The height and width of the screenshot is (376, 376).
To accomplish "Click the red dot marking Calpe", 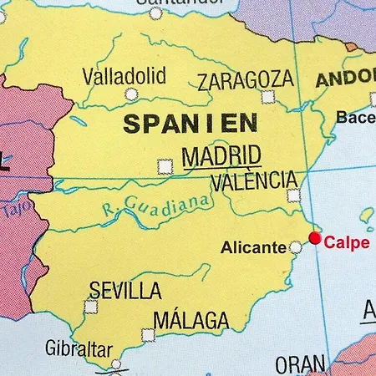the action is tap(315, 238).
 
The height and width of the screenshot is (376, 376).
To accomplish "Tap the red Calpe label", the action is tap(346, 243).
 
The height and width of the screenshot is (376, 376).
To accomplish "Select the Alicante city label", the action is tap(254, 247).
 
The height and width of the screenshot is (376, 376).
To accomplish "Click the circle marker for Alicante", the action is tap(295, 247).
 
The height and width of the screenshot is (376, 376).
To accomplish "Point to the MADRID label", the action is tap(221, 156).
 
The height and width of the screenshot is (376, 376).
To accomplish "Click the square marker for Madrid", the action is tap(165, 166).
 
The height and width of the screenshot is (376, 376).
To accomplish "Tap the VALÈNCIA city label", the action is tap(254, 180).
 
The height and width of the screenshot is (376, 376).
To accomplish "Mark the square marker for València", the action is tap(293, 196).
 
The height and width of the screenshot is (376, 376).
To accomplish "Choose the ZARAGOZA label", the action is tap(246, 80).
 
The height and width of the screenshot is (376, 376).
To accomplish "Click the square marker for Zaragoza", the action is tap(267, 97).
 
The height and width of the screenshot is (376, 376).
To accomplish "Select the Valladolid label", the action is tap(124, 76).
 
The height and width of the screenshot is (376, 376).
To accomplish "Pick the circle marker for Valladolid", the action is tap(130, 94).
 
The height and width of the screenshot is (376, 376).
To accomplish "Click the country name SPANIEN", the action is tap(179, 124).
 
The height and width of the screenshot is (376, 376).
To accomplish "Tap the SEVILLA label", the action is tap(125, 291).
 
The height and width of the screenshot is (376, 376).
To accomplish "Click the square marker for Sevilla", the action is tap(90, 307).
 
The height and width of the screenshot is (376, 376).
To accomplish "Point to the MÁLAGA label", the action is tap(191, 319).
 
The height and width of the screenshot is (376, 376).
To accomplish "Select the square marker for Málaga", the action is tap(148, 335).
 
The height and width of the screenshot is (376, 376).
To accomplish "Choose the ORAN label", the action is tap(299, 364).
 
